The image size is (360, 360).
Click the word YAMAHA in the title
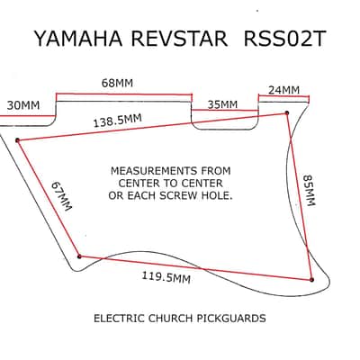coord(78,39)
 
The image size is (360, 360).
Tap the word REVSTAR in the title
coord(179,39)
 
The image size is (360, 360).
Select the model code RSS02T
coord(284,39)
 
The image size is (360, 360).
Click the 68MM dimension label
coord(117,83)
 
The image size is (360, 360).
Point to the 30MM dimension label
coord(23,105)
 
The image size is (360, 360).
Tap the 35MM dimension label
coord(222,104)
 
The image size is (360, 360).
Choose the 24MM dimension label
coord(283,90)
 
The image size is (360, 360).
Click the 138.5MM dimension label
coord(117,121)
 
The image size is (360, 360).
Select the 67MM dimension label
coord(61,196)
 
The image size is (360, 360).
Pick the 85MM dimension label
coord(309,190)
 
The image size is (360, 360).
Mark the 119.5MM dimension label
coord(166,277)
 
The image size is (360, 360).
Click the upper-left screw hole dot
coord(17,140)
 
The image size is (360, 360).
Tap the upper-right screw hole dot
coord(287,113)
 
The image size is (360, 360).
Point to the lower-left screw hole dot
coord(79,256)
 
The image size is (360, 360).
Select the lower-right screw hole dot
coord(311,280)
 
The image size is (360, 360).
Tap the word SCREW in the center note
coord(180,195)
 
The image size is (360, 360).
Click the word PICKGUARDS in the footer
coord(231,318)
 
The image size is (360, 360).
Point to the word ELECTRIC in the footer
coord(119,318)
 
